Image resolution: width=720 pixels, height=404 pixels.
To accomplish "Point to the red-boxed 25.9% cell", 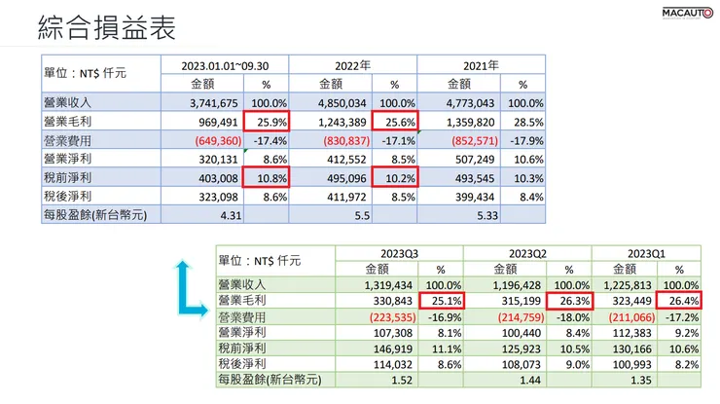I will pyautogui.click(x=268, y=121).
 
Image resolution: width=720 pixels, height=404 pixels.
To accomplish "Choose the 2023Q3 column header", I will pyautogui.click(x=399, y=252).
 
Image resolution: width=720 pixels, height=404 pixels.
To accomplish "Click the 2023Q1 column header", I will pyautogui.click(x=646, y=252).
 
